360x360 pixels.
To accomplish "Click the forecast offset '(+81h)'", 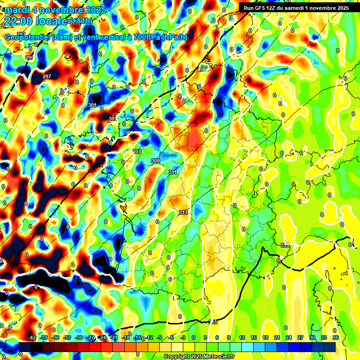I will [x=80, y=21].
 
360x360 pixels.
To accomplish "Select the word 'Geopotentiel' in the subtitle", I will [x=27, y=37].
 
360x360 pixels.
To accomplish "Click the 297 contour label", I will [x=47, y=76].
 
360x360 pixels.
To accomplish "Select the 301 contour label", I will [x=92, y=105].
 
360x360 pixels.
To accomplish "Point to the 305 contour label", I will [x=129, y=133].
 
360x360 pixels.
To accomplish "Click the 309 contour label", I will [x=156, y=161].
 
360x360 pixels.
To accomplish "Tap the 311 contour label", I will [x=172, y=172].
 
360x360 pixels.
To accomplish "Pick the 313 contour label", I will [x=183, y=213].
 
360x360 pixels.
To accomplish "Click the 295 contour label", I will [x=30, y=58].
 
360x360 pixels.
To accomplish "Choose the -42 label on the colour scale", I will [x=32, y=337].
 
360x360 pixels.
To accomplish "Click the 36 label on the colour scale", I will [x=336, y=337].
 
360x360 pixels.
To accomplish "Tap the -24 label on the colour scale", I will [x=102, y=337].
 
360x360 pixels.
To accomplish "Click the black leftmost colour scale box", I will [x=24, y=346].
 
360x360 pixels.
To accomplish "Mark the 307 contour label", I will [x=137, y=151].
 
